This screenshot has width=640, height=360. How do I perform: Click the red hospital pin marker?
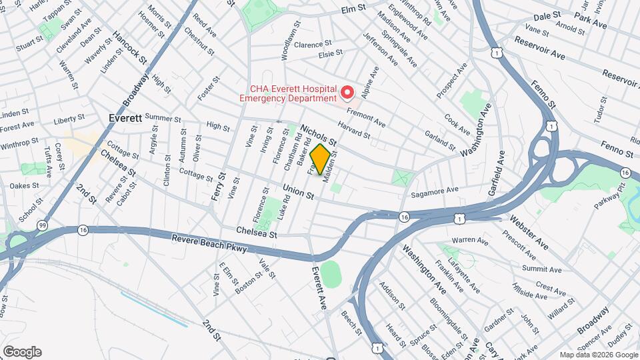pos(347,92)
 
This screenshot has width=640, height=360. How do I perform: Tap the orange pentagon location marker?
pos(320,160)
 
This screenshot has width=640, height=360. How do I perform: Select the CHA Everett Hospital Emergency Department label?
pos(293,93)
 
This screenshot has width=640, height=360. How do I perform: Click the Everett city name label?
pos(125,118)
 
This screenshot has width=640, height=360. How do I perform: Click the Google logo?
pos(22,352)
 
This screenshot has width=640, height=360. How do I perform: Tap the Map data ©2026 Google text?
pos(599,355)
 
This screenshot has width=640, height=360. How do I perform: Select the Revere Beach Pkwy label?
pos(209,243)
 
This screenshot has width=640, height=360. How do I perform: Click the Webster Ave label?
pos(529,232)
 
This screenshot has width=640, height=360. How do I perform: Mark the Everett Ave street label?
pos(320,288)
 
